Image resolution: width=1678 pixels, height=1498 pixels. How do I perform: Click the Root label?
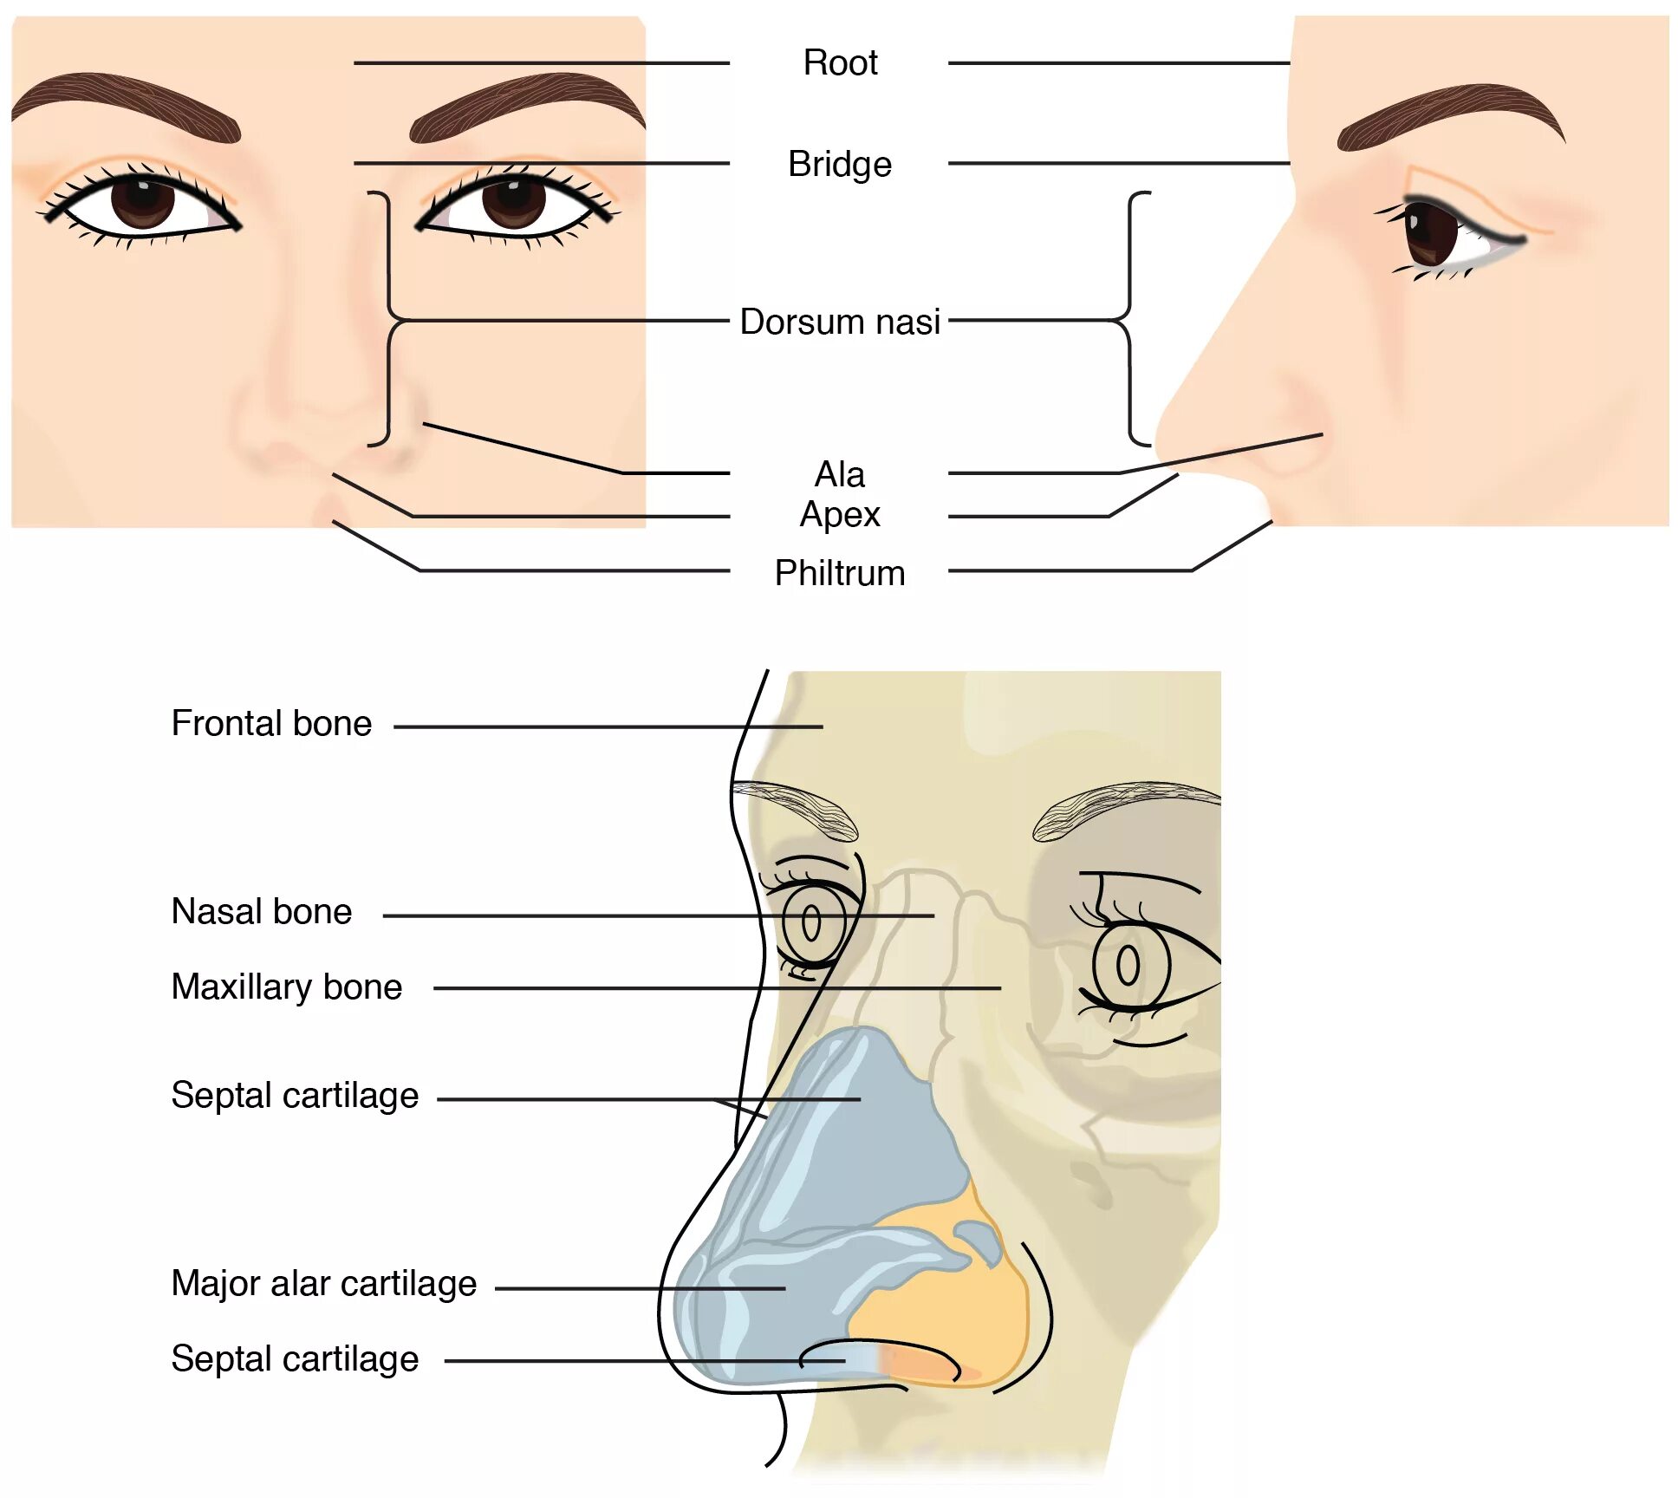pyautogui.click(x=840, y=63)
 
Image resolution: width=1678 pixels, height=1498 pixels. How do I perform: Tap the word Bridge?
pyautogui.click(x=839, y=164)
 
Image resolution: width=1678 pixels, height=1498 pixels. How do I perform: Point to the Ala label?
pyautogui.click(x=839, y=474)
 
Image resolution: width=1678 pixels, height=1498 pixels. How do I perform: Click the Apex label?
pyautogui.click(x=839, y=515)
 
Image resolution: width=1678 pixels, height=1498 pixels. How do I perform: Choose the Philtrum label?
pyautogui.click(x=839, y=573)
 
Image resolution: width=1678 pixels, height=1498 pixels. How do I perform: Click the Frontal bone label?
pyautogui.click(x=271, y=723)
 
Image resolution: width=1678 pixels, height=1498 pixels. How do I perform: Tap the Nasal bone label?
pyautogui.click(x=262, y=911)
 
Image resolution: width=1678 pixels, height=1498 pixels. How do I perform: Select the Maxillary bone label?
pyautogui.click(x=287, y=987)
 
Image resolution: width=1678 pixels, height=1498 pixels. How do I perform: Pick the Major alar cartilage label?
pyautogui.click(x=323, y=1283)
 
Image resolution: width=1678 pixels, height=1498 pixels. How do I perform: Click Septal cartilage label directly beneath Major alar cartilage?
pyautogui.click(x=295, y=1358)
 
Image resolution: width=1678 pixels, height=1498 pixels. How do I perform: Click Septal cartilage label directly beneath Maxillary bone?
pyautogui.click(x=295, y=1095)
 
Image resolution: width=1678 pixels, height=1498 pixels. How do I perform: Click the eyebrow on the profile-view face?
pyautogui.click(x=1447, y=113)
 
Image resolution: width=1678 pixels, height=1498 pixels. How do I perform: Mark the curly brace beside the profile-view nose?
pyautogui.click(x=1131, y=319)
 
